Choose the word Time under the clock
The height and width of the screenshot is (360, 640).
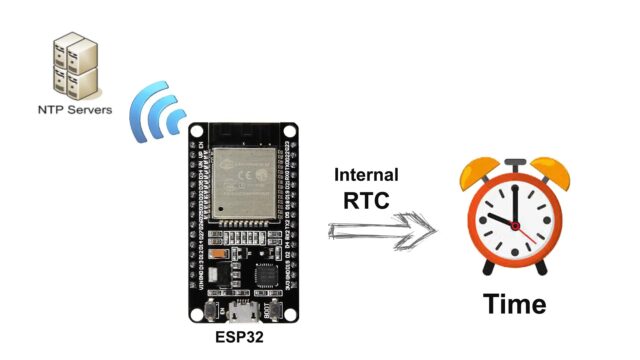(514, 304)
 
